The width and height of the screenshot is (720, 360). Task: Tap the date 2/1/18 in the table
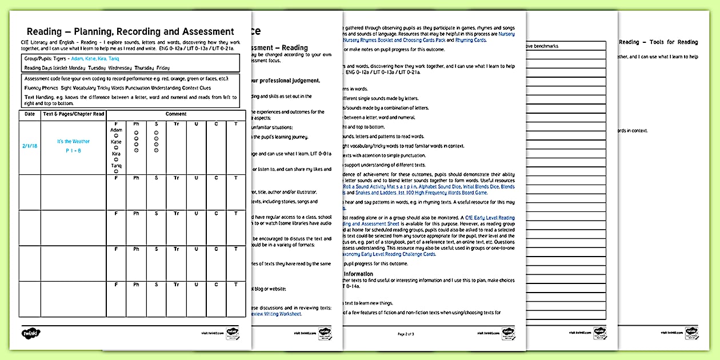29,146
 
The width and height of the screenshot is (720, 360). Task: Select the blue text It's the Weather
73,141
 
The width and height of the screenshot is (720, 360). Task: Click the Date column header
29,114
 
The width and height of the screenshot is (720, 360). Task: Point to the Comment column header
175,114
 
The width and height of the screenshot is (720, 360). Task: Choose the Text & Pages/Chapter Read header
73,114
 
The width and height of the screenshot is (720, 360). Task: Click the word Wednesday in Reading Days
119,68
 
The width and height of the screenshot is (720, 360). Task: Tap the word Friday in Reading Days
163,68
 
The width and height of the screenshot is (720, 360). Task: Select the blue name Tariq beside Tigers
114,59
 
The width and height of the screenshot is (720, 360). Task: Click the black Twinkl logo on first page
30,333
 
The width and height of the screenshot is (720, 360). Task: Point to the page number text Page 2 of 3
405,333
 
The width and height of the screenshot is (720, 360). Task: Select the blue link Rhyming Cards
470,41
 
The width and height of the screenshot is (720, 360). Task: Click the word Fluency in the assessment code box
33,88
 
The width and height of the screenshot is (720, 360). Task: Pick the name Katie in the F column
116,141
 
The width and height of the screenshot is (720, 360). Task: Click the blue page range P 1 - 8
73,151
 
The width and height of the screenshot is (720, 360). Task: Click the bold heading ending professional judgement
284,81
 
